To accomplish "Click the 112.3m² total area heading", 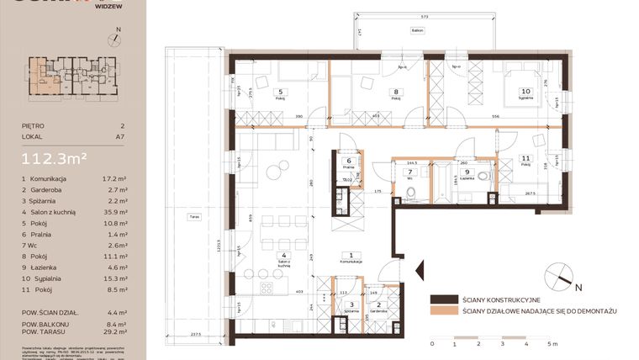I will click(x=55, y=156).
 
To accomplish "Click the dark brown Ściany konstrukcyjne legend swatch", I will click(x=442, y=299).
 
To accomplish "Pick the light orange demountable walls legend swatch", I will click(x=442, y=311).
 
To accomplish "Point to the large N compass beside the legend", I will click(x=557, y=274).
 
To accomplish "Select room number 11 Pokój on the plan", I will click(x=525, y=158).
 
